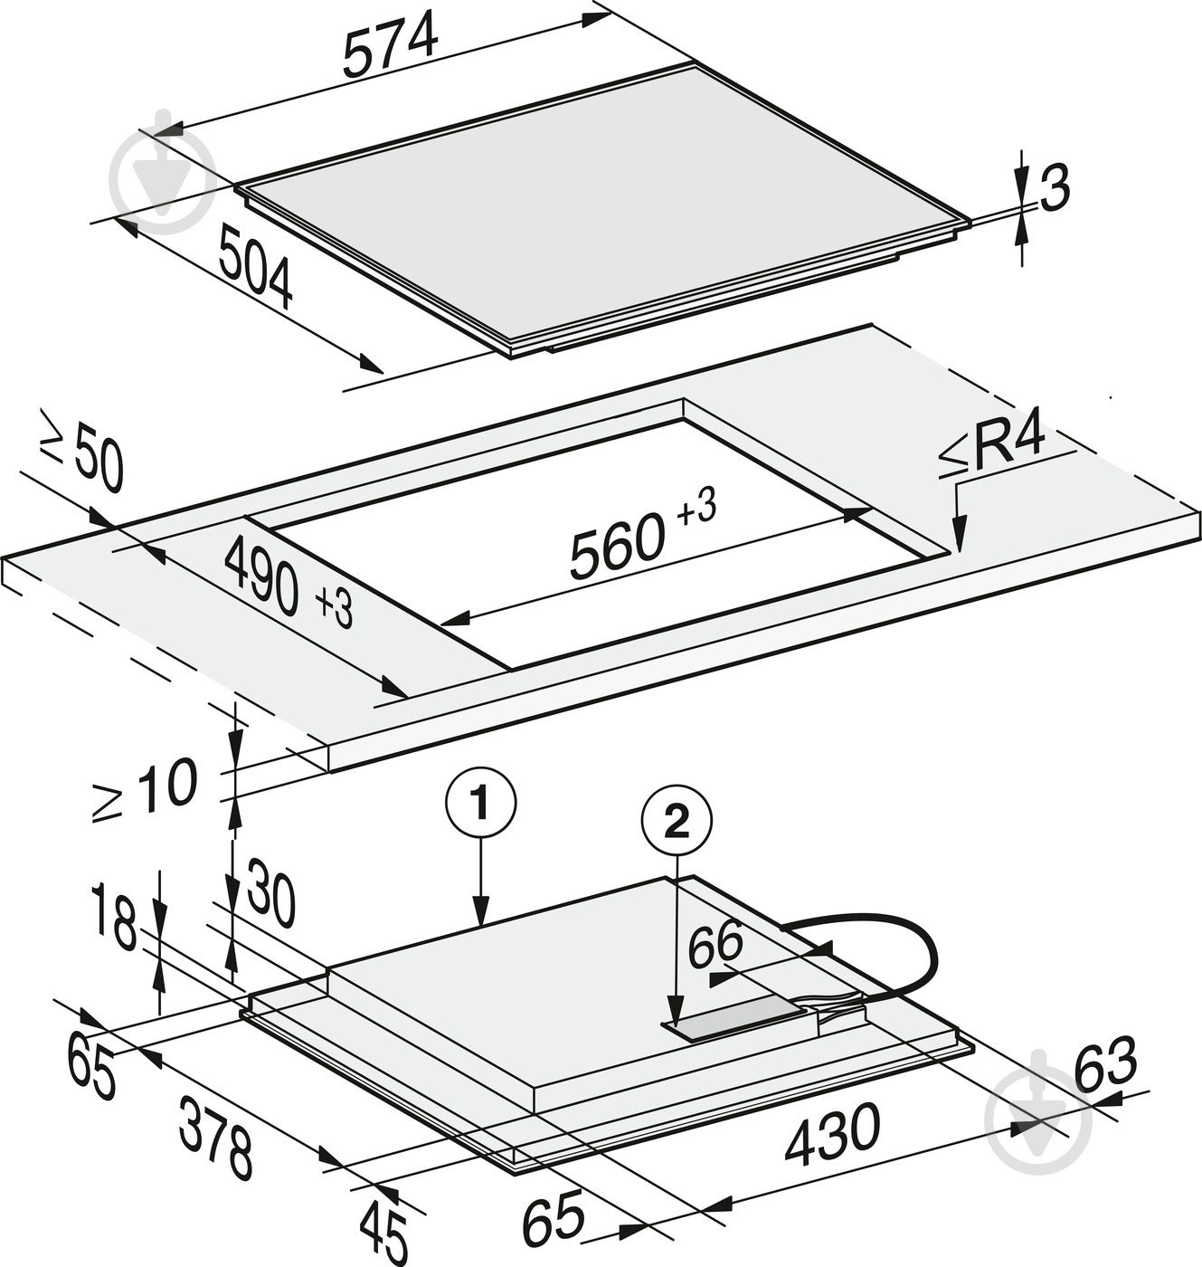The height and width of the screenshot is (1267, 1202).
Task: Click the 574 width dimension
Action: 391,47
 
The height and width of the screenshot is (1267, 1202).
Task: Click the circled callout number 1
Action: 480,805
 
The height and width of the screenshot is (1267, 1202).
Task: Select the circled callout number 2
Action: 677,823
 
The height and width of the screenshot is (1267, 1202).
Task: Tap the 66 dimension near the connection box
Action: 715,943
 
